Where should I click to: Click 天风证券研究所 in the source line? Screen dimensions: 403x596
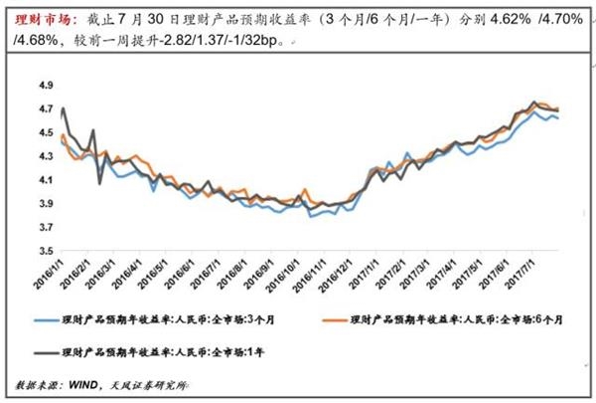(x=159, y=383)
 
